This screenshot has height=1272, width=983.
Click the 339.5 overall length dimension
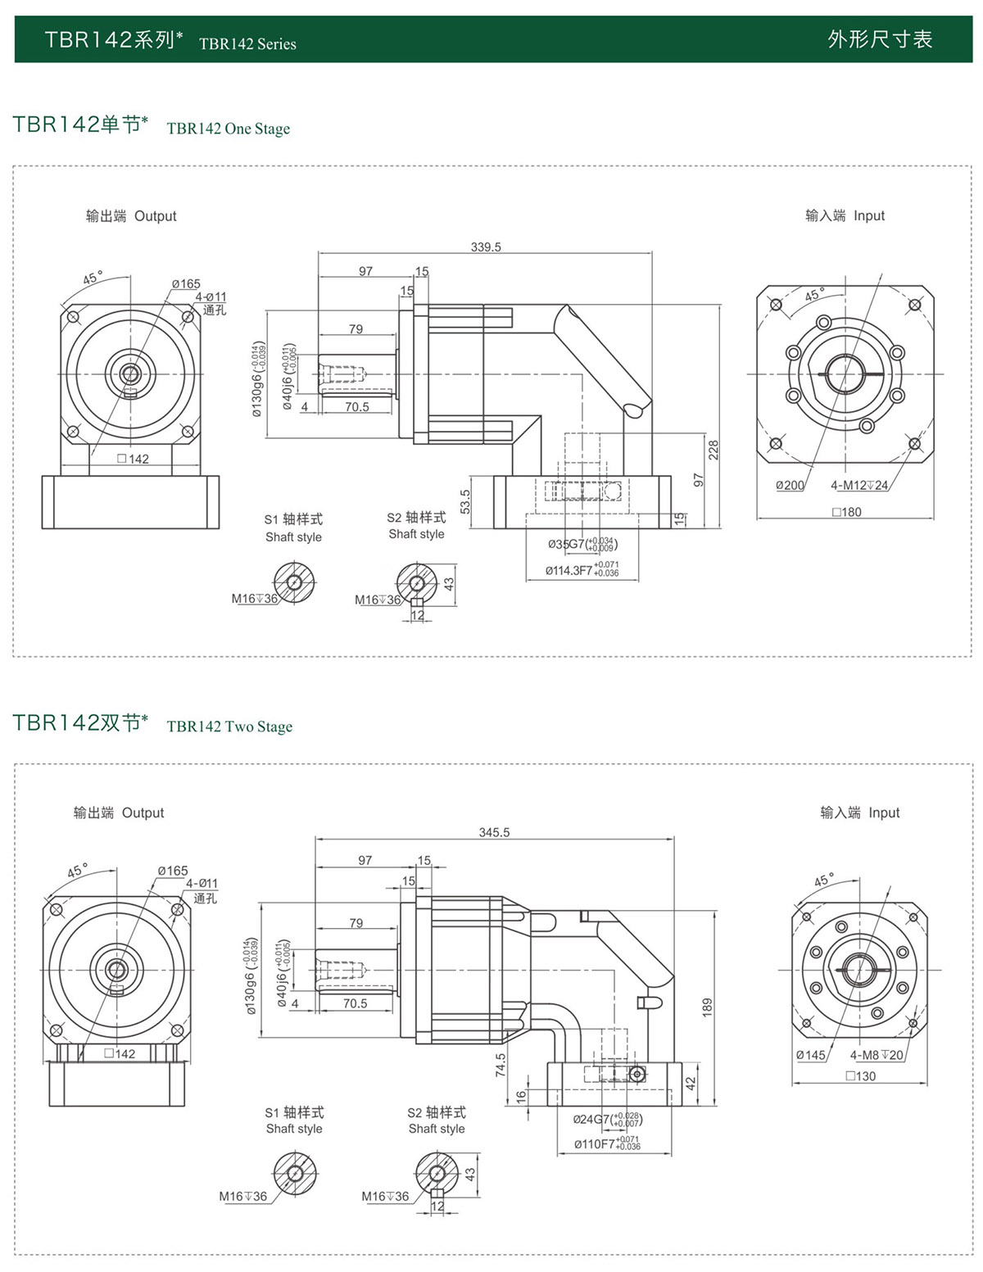pos(486,247)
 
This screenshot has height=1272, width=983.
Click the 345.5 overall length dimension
pos(494,833)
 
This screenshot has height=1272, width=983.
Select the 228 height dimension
pos(713,450)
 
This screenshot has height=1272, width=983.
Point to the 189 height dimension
pos(708,1007)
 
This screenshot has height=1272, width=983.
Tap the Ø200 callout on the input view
pos(790,486)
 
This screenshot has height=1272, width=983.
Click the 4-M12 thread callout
pos(859,486)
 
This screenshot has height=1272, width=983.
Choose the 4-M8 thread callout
pos(877,1056)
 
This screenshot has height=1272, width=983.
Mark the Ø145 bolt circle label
pos(811,1056)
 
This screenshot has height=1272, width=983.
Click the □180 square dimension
pos(847,512)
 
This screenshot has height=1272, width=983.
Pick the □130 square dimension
pos(861,1076)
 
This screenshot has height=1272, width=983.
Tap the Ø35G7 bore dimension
pos(582,544)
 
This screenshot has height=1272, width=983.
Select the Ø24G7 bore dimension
pos(607,1119)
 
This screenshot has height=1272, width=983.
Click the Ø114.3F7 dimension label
pos(582,570)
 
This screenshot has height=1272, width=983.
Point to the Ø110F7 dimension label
pos(607,1144)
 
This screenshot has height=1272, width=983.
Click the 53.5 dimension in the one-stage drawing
pos(465,502)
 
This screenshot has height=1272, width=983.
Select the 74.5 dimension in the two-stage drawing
pos(501,1065)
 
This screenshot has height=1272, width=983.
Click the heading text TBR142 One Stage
pos(229,129)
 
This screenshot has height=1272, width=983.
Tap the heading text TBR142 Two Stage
pos(229,727)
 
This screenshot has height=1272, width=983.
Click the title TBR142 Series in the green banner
pos(247,44)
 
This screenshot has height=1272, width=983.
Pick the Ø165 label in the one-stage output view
pos(186,284)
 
